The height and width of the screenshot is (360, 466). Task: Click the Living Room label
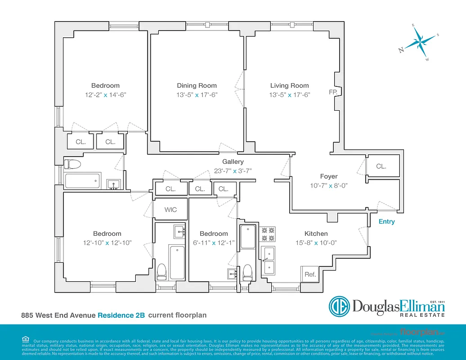click(289, 85)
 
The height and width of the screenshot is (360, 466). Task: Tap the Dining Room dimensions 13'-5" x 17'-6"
click(197, 95)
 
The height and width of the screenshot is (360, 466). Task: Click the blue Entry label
click(386, 221)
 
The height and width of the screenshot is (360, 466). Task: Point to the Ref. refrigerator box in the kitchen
click(310, 274)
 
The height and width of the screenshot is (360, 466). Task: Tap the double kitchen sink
click(269, 261)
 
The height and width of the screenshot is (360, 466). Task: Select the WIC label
click(170, 210)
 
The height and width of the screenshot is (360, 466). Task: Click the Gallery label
click(233, 162)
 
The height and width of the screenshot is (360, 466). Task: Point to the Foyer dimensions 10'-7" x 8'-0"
click(328, 185)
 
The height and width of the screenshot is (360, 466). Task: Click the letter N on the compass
click(401, 50)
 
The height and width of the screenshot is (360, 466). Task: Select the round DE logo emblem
click(339, 306)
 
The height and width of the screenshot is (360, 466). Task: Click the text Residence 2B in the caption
click(121, 315)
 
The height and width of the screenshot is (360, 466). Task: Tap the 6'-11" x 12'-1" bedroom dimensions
click(214, 243)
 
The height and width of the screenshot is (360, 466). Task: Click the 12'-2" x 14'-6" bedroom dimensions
click(105, 95)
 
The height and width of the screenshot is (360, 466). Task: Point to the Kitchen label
click(316, 234)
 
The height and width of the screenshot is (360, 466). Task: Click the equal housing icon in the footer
click(25, 339)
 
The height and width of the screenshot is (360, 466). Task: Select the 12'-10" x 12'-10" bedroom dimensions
click(107, 243)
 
